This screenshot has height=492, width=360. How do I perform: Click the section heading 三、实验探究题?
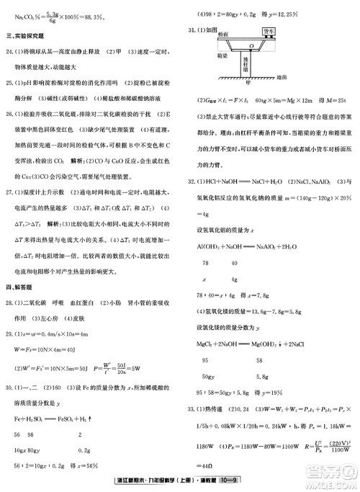[x=27, y=35]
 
